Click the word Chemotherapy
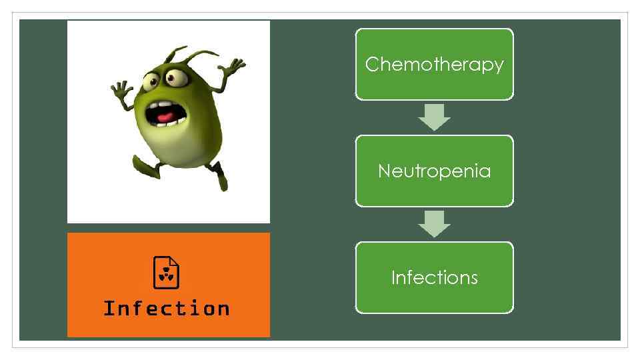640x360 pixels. click(x=434, y=64)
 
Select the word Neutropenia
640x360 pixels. click(x=434, y=171)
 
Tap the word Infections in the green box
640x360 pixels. click(x=434, y=277)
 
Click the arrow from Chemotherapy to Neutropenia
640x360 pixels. click(x=434, y=117)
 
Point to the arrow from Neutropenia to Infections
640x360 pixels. click(x=434, y=224)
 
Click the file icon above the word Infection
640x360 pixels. click(x=167, y=272)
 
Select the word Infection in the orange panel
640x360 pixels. click(x=167, y=309)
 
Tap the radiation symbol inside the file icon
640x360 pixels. click(x=167, y=275)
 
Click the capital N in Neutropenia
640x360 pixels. click(x=383, y=171)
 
